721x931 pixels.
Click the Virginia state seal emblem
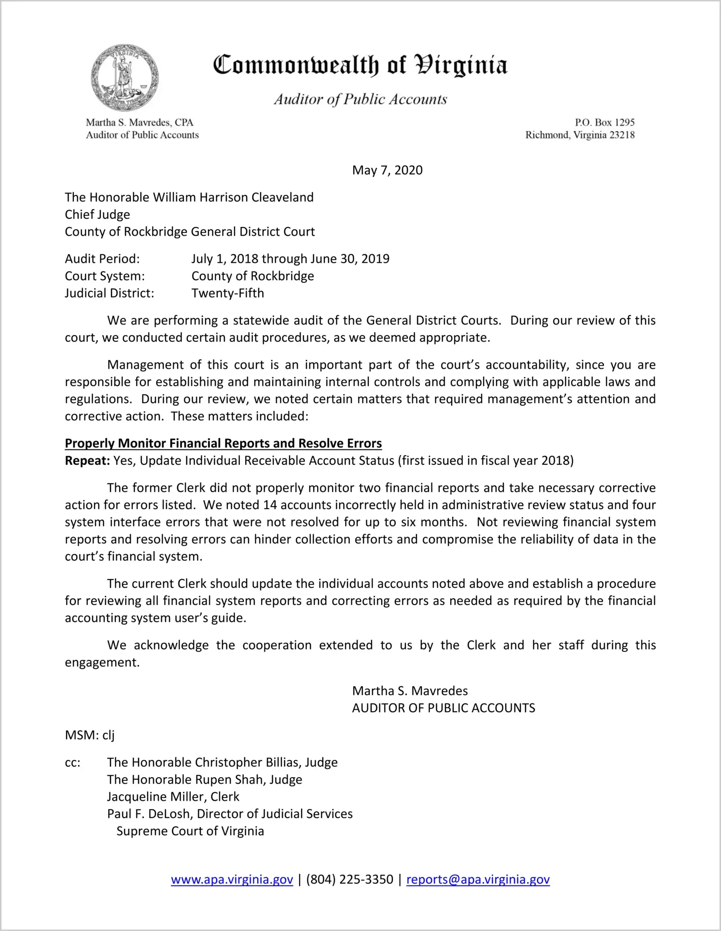[125, 78]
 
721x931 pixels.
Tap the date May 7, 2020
[387, 170]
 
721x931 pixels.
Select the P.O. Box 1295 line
[604, 122]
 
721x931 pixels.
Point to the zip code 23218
[622, 135]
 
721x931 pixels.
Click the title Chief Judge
[97, 215]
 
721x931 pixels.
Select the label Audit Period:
[102, 259]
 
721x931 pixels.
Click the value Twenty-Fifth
[228, 293]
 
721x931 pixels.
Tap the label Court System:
[105, 276]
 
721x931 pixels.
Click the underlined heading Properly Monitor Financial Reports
[223, 444]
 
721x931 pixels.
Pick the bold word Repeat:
[87, 461]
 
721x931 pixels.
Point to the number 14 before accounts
[270, 505]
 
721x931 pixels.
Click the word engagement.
[102, 662]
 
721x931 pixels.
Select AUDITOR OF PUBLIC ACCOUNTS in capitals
[444, 708]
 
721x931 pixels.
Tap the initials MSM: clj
[90, 735]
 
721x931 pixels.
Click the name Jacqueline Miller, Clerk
[173, 796]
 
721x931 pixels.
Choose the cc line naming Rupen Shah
[205, 780]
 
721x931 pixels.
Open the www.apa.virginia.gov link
[232, 879]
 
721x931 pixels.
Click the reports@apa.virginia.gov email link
[478, 879]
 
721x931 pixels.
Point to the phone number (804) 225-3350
[349, 879]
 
